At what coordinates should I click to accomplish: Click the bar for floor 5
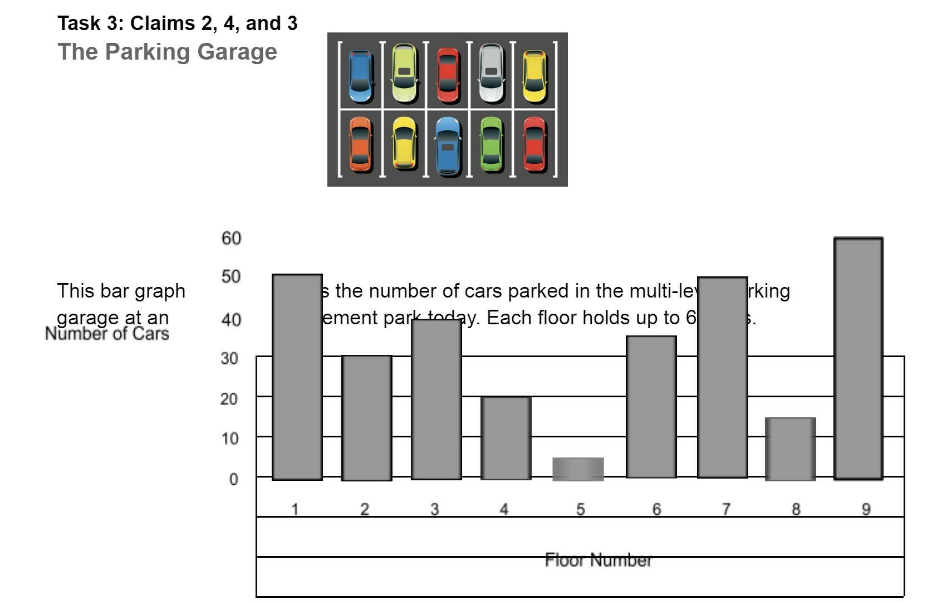(x=578, y=469)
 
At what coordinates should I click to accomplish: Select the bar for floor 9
(x=858, y=358)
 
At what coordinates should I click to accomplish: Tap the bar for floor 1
(x=297, y=377)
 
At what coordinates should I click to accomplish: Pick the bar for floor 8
(x=790, y=449)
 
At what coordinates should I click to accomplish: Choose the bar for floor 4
(x=506, y=438)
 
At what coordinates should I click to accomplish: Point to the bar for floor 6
(x=651, y=407)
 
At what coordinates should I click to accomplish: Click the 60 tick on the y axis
(x=231, y=238)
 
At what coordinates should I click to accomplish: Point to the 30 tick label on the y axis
(x=229, y=358)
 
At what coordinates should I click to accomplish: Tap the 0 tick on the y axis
(x=234, y=479)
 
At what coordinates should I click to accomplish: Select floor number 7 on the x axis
(x=725, y=509)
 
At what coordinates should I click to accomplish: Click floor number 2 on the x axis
(x=365, y=509)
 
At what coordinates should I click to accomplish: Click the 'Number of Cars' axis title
(x=107, y=334)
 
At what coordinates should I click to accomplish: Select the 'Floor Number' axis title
(x=598, y=560)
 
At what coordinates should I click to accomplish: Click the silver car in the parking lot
(x=491, y=74)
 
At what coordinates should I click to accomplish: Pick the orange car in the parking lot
(x=360, y=144)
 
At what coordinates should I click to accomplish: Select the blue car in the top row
(x=360, y=76)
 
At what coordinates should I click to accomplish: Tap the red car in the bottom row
(x=534, y=144)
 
